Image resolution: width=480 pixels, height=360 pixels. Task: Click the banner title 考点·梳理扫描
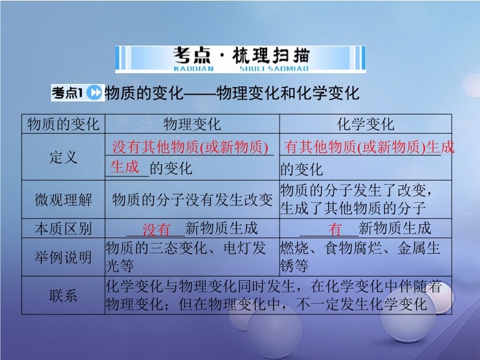(x=241, y=55)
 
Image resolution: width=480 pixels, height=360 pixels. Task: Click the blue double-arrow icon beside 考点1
(x=94, y=92)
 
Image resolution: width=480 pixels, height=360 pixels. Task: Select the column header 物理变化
(x=192, y=124)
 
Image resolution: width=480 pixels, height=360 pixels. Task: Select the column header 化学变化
(x=365, y=124)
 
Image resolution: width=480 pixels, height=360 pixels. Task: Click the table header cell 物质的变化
(x=64, y=124)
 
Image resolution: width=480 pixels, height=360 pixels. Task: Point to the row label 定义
(x=64, y=157)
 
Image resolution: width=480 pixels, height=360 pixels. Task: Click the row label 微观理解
(x=64, y=200)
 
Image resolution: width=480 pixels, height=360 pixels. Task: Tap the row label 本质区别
(x=64, y=229)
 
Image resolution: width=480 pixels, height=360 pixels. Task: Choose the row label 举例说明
(x=64, y=257)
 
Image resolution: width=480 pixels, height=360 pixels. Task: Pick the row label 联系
(x=64, y=295)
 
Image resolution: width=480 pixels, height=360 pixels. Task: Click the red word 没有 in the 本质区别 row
(x=157, y=230)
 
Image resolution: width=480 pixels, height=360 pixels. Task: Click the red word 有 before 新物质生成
(x=335, y=229)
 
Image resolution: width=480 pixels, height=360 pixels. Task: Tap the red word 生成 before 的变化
(x=125, y=167)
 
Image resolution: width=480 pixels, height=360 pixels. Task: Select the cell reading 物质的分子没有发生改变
(x=192, y=200)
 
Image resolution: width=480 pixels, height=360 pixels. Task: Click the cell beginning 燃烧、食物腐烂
(x=360, y=257)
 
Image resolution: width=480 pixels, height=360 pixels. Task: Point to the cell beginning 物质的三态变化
(x=185, y=257)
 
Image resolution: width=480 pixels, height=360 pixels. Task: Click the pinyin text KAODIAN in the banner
(x=193, y=68)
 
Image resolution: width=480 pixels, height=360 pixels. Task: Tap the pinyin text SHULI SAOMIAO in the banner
(x=274, y=68)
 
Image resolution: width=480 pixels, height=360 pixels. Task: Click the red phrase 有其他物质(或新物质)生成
(x=369, y=147)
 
